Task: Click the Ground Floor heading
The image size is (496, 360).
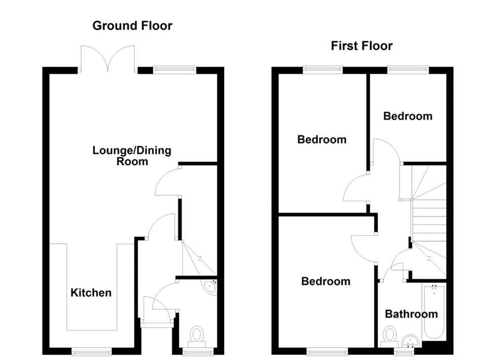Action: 132,26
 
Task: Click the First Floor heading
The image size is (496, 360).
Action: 361,46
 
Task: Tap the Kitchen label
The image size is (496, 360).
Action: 91,292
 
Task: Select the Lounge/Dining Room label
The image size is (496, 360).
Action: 132,156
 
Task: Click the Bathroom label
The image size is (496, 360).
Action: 411,314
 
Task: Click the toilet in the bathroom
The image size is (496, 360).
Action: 390,335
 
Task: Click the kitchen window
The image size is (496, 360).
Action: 91,350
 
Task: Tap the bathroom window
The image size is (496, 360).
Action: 404,350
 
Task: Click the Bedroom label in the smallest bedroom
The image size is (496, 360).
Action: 407,116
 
